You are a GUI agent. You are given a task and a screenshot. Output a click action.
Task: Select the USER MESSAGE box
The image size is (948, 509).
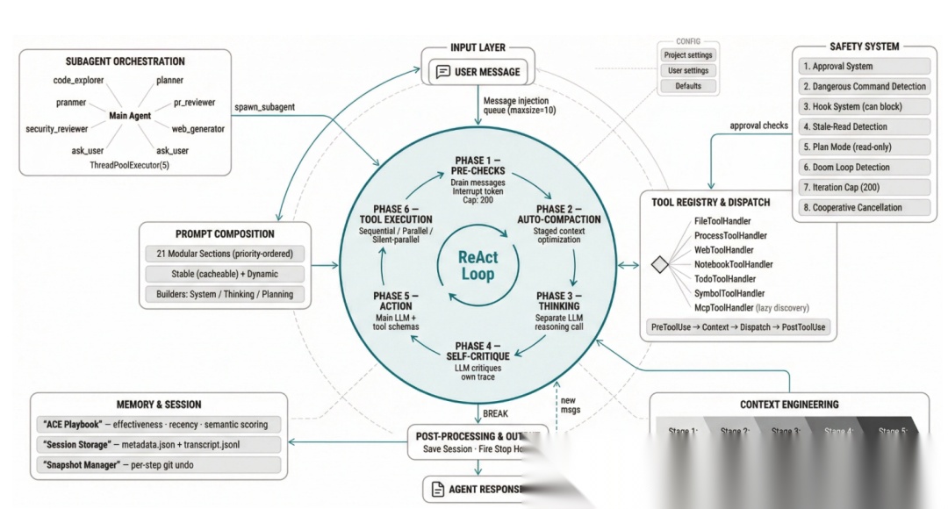click(x=478, y=72)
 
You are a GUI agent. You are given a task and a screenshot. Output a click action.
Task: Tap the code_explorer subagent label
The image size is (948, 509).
click(x=78, y=80)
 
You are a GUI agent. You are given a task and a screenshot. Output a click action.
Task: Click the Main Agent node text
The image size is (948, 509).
click(x=130, y=116)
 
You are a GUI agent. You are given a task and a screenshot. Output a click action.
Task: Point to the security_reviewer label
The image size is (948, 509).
click(x=57, y=129)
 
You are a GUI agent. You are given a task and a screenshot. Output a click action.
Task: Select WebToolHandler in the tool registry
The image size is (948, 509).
click(x=723, y=250)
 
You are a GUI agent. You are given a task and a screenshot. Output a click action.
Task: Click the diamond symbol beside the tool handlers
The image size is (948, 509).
click(x=659, y=264)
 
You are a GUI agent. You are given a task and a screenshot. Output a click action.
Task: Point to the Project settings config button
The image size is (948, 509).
click(x=688, y=55)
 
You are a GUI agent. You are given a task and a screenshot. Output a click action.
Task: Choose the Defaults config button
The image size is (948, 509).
click(x=688, y=86)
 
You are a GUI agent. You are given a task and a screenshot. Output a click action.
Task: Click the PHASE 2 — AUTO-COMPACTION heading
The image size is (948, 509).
click(x=568, y=215)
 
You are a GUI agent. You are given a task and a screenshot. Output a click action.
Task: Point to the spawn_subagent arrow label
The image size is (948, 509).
click(x=264, y=107)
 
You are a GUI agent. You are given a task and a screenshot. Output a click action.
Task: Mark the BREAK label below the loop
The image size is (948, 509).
click(x=496, y=413)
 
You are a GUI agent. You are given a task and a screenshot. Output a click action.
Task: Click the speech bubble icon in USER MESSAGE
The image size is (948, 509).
click(x=442, y=72)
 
